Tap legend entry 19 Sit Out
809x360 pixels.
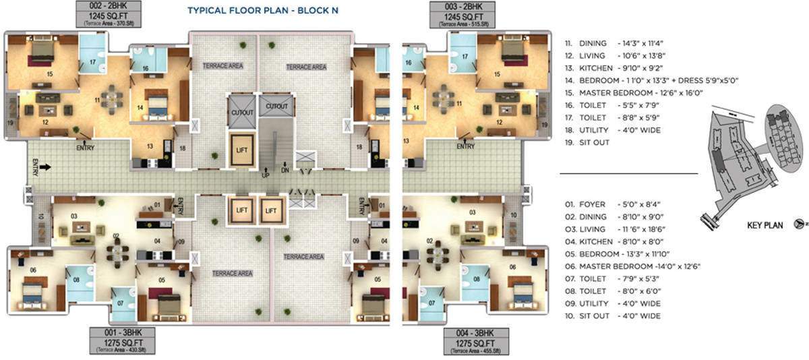point(588,142)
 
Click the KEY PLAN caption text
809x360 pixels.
point(765,226)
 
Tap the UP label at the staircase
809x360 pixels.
point(266,175)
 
